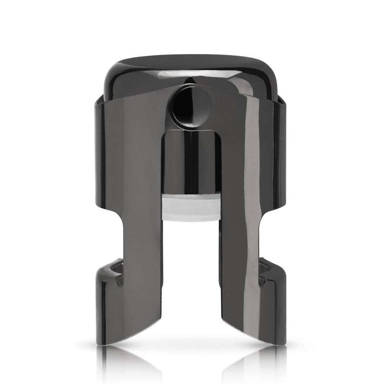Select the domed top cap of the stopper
click(191, 74)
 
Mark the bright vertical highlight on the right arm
click(252, 168)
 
